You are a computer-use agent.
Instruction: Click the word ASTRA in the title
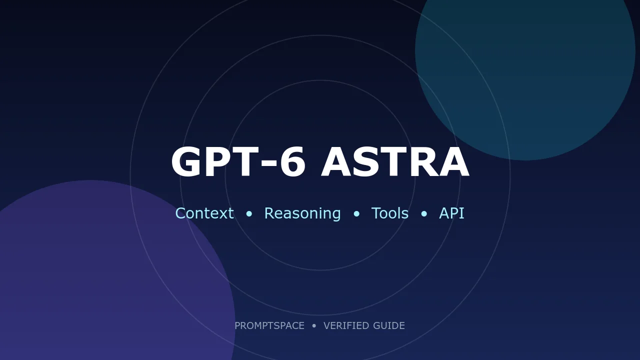tap(395, 161)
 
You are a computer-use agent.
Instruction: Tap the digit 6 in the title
tap(292, 161)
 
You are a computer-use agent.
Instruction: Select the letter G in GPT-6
tap(186, 161)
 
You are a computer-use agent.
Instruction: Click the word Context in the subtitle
tap(204, 213)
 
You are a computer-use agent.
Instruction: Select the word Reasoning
tap(302, 214)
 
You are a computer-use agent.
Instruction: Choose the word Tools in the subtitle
tap(390, 213)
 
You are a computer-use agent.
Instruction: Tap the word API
tap(451, 213)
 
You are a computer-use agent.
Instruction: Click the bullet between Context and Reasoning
tap(249, 213)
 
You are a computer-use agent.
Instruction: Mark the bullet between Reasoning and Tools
tap(356, 213)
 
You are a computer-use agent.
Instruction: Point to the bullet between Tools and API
tap(424, 213)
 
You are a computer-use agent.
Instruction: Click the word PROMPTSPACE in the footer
tap(269, 325)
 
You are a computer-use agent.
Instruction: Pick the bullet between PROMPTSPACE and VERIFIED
tap(314, 325)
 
